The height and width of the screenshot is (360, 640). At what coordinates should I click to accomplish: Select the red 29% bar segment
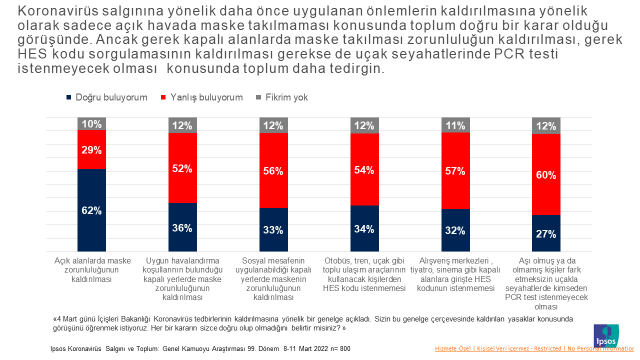click(92, 150)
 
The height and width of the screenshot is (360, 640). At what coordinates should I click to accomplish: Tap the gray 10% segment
click(92, 124)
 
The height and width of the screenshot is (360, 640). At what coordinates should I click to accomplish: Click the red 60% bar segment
click(547, 174)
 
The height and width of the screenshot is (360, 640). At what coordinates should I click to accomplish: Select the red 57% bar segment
click(456, 170)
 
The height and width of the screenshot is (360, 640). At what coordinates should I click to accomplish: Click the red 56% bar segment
click(274, 169)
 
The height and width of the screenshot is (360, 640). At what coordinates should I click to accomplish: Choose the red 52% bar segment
click(183, 168)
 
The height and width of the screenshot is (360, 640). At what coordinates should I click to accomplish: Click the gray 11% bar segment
click(456, 125)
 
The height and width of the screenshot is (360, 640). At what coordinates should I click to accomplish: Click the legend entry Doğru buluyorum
click(102, 98)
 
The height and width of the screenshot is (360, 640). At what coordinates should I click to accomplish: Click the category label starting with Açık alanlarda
click(93, 269)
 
